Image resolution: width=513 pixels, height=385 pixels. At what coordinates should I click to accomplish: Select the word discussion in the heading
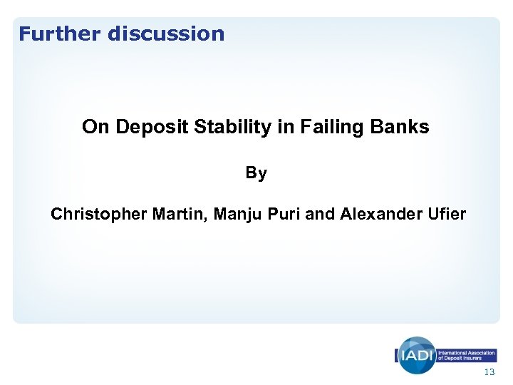point(166,34)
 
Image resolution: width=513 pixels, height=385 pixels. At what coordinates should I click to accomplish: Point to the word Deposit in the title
point(145,128)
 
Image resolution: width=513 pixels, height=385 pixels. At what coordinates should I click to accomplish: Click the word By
point(256,173)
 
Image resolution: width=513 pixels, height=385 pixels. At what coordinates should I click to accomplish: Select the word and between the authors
point(320,214)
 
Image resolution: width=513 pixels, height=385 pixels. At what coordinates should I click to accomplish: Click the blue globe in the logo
point(415,354)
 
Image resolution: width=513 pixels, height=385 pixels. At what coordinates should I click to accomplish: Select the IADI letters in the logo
point(415,355)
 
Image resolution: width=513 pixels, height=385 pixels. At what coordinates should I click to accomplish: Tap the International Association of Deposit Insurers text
point(467,355)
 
